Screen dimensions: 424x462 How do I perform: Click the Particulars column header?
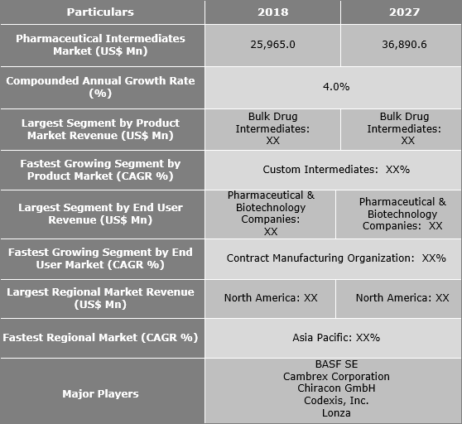pos(100,12)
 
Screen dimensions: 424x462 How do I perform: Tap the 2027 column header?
pos(400,12)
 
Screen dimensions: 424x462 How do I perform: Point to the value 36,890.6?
pos(400,44)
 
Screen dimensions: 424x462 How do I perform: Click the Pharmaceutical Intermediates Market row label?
pos(100,44)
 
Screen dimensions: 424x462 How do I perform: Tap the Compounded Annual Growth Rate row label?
pos(100,86)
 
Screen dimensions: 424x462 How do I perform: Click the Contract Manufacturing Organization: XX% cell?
pos(335,258)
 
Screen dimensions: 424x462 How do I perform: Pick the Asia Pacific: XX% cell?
pos(335,337)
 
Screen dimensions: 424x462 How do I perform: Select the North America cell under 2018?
pos(271,297)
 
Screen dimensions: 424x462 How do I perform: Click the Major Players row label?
pos(100,393)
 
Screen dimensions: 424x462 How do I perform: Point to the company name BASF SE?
pos(335,364)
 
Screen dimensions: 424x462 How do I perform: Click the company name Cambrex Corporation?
pos(335,376)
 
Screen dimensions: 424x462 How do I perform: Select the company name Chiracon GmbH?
pos(335,388)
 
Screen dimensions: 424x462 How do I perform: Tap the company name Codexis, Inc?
pos(335,401)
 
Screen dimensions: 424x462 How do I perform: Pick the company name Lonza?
pos(335,413)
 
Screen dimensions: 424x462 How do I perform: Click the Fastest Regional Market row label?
pos(100,337)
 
